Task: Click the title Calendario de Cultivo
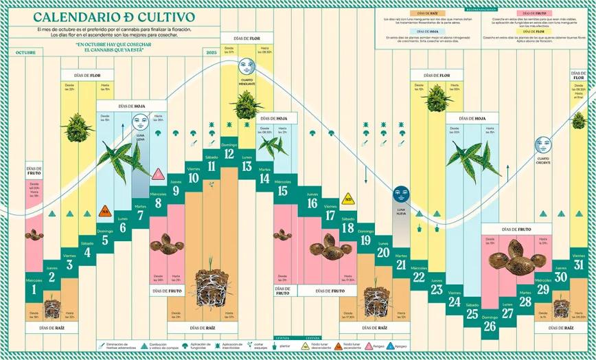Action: point(113,16)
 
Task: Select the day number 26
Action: point(490,326)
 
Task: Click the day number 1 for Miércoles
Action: point(34,291)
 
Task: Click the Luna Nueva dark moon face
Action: point(401,194)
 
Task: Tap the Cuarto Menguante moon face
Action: point(247,67)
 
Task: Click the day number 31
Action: point(578,265)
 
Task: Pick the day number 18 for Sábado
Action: point(347,228)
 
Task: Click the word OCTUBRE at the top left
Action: point(25,52)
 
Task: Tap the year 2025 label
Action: point(211,52)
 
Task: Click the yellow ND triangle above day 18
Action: point(347,199)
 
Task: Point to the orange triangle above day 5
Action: point(106,211)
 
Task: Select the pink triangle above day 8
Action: point(158,175)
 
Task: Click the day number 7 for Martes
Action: point(140,216)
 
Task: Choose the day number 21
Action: point(401,265)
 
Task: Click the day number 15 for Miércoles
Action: point(282,191)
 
